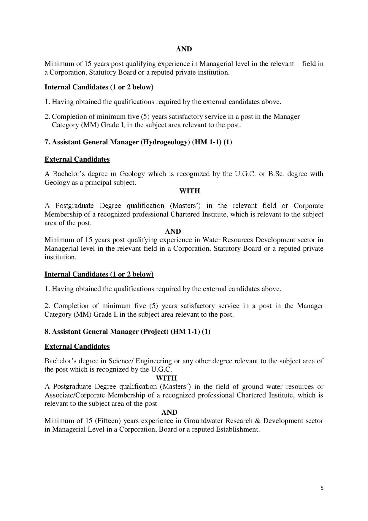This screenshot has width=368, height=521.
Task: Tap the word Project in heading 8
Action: point(154,331)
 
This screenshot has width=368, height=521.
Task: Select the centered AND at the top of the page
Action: point(184,49)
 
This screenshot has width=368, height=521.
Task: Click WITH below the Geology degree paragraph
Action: point(189,191)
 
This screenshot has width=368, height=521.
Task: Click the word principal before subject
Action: point(97,182)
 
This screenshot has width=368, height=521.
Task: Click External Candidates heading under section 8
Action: point(77,346)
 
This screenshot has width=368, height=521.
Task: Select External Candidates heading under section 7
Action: point(77,159)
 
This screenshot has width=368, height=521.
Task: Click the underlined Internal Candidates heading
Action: point(99,274)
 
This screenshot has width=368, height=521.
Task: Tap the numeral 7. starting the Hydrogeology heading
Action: point(47,142)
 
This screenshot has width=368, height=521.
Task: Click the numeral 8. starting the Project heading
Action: point(47,331)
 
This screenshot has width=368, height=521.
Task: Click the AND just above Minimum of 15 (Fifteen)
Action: point(169,412)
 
